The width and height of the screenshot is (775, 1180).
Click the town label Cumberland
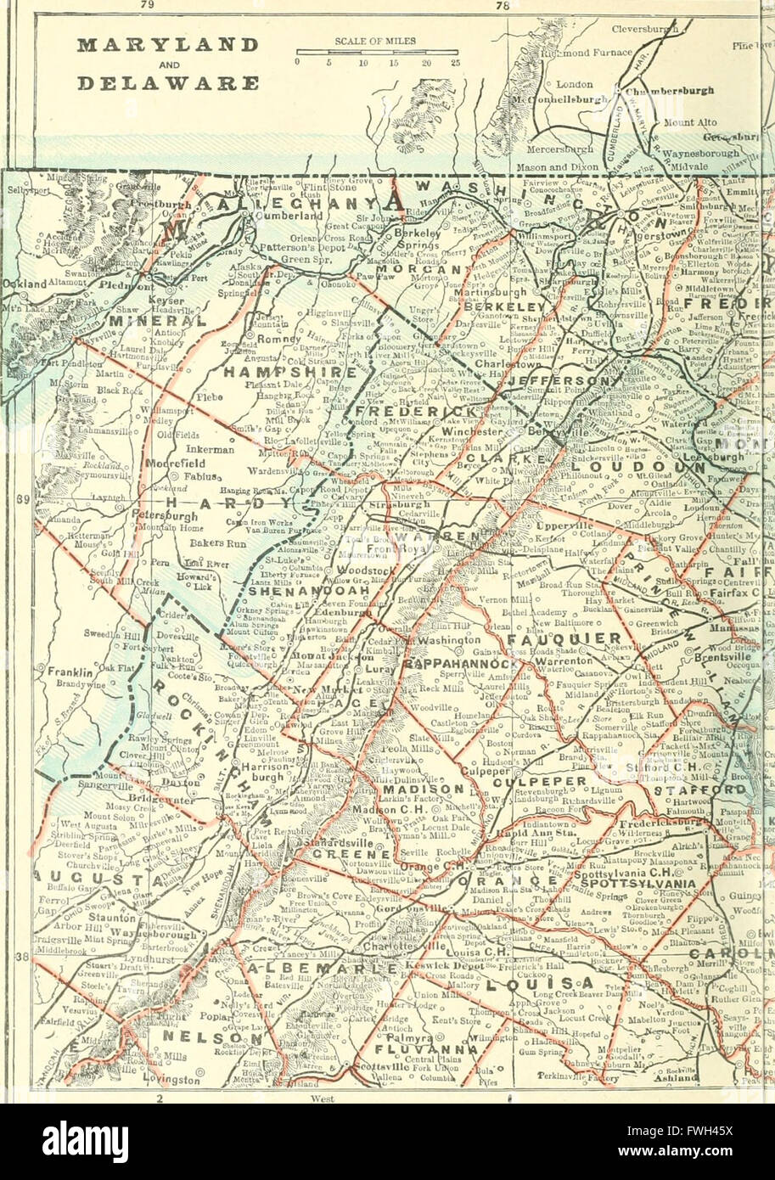285,216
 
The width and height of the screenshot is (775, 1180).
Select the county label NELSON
202,1036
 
